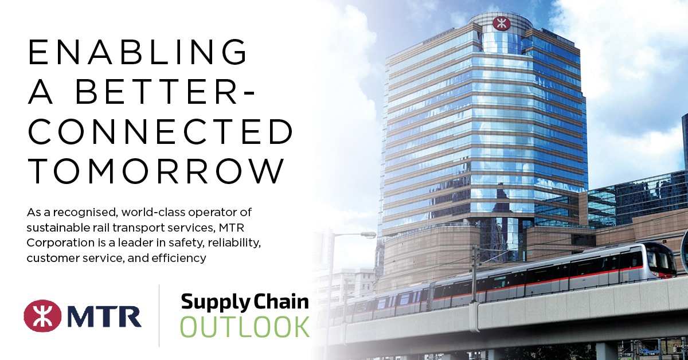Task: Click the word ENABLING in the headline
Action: [x=138, y=53]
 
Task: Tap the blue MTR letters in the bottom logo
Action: [x=103, y=316]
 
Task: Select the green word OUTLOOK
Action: [x=245, y=326]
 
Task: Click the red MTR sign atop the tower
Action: [x=501, y=23]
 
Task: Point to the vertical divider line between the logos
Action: [x=159, y=315]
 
